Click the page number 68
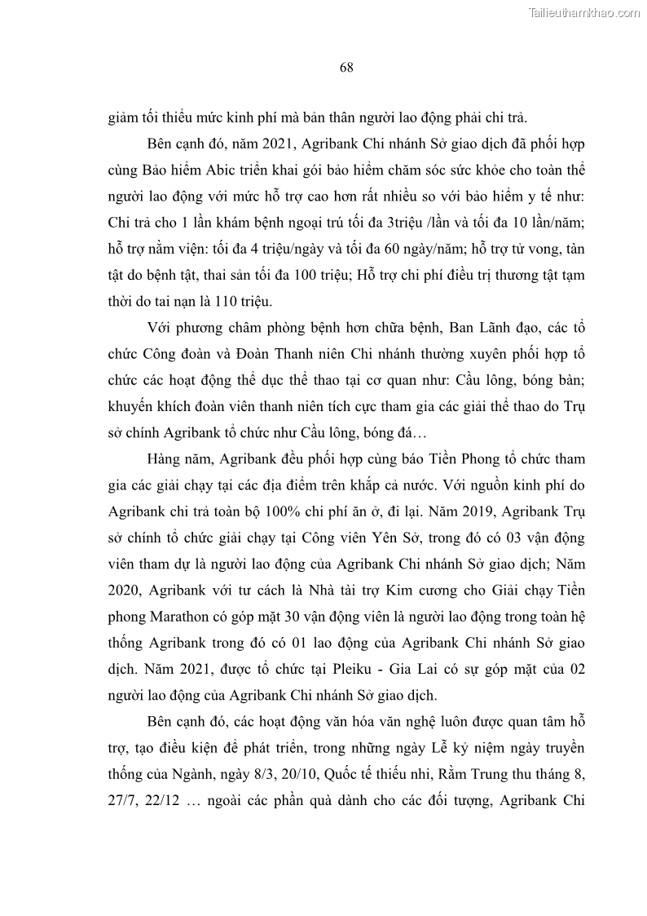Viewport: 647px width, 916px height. [346, 68]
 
